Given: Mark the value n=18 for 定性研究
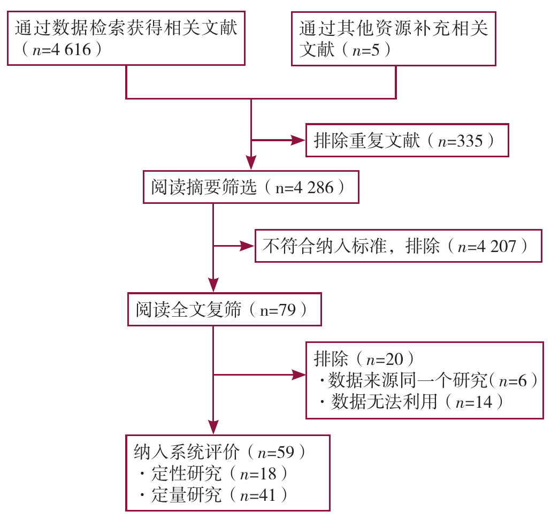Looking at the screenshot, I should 257,474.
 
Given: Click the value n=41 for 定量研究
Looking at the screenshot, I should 257,495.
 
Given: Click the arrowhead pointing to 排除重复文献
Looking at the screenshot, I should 297,141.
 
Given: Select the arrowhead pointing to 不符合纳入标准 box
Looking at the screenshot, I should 247,246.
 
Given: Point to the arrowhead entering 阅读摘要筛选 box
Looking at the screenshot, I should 251,163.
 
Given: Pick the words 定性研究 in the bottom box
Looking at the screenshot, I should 186,474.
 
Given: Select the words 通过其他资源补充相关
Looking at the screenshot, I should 394,28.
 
